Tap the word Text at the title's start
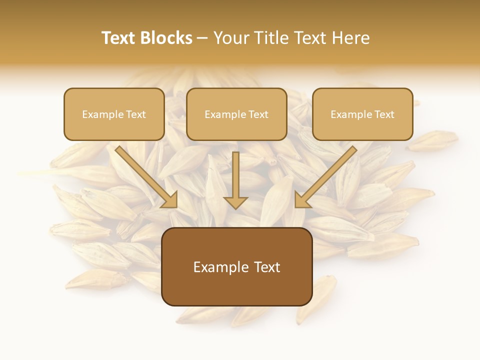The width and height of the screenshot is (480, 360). pyautogui.click(x=118, y=38)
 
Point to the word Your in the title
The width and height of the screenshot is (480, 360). pyautogui.click(x=230, y=38)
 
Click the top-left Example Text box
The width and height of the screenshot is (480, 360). pyautogui.click(x=114, y=114)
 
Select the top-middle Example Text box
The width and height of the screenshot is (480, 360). pyautogui.click(x=236, y=114)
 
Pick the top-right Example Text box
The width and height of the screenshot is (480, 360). pyautogui.click(x=362, y=114)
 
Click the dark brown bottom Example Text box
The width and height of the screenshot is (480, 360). pyautogui.click(x=236, y=266)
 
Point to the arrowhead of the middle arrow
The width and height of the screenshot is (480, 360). pyautogui.click(x=235, y=202)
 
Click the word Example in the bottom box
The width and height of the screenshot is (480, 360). pyautogui.click(x=218, y=267)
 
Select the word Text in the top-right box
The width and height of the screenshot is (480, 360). pyautogui.click(x=384, y=114)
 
